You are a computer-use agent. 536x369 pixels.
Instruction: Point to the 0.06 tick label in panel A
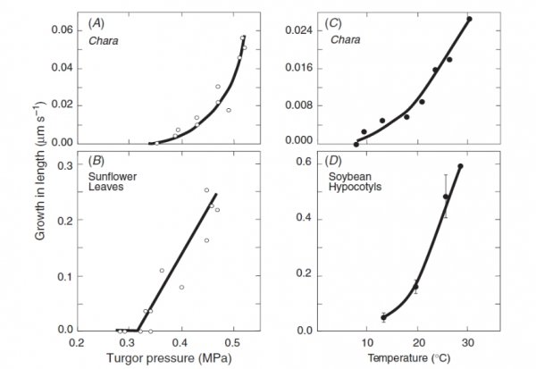point(63,29)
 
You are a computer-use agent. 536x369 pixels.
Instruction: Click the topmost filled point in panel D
point(461,166)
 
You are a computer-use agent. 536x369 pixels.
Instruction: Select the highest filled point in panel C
point(469,19)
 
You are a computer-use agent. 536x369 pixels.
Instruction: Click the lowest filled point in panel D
point(384,317)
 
